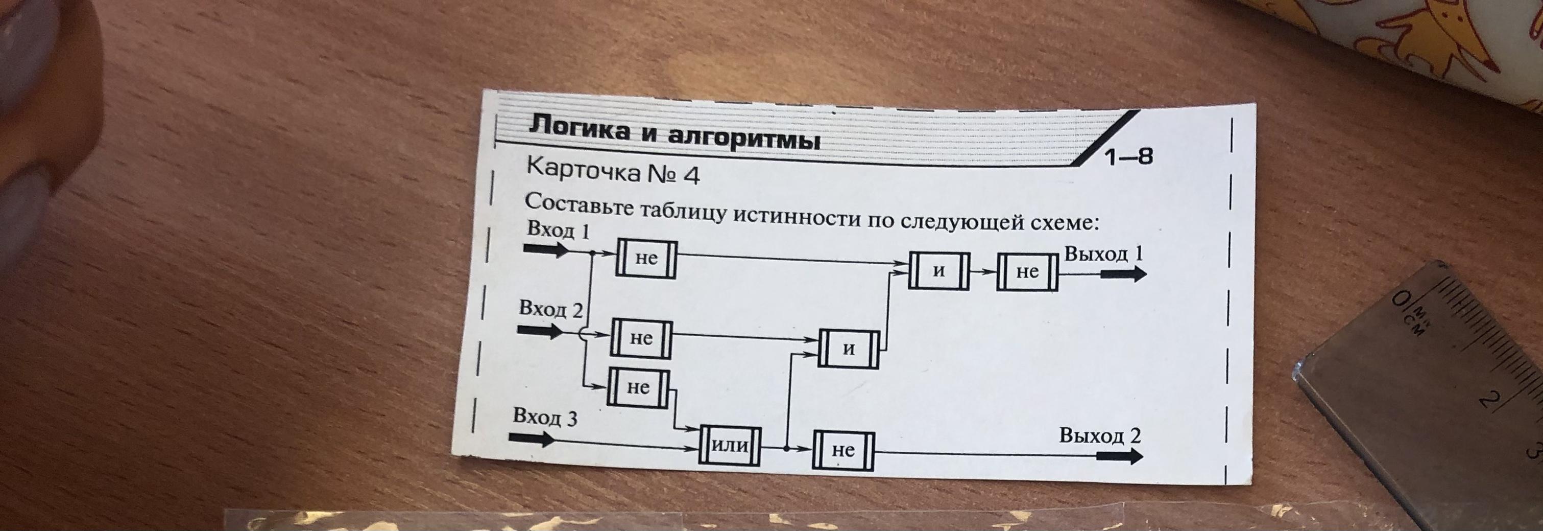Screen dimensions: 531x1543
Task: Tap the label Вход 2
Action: coord(550,309)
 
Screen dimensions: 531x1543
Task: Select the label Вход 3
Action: coord(544,417)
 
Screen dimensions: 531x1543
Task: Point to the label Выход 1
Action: coord(1103,254)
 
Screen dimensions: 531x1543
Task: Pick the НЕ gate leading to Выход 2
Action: coord(843,451)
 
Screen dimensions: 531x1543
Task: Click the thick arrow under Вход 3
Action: coord(532,440)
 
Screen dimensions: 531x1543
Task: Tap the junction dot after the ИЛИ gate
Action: coord(786,448)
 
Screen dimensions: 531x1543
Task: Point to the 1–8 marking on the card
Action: coord(1128,157)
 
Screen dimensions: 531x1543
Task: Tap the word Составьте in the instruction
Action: coord(578,204)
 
